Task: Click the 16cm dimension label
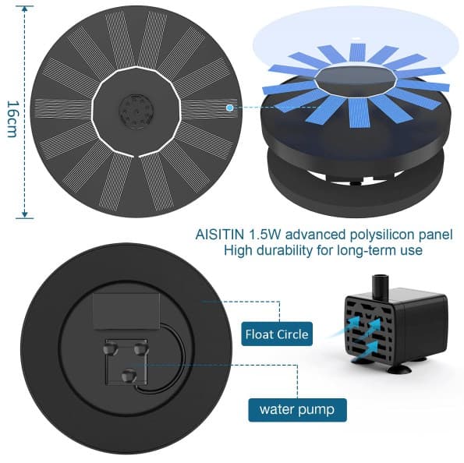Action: [x=12, y=118]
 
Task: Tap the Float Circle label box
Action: [x=277, y=334]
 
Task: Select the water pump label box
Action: [x=297, y=410]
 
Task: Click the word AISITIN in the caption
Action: [x=219, y=235]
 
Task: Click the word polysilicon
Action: [x=381, y=235]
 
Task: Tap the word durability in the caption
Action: [x=285, y=250]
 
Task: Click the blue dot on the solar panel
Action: [x=229, y=108]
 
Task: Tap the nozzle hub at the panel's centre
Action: [x=136, y=111]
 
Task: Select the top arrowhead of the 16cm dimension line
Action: [x=25, y=9]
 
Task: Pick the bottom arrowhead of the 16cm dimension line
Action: [x=25, y=214]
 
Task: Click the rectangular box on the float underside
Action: [x=126, y=311]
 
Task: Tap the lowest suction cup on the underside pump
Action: [x=129, y=376]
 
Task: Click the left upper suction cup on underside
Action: [x=111, y=348]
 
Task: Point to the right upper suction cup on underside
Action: [x=141, y=348]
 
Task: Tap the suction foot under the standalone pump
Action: [x=398, y=369]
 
